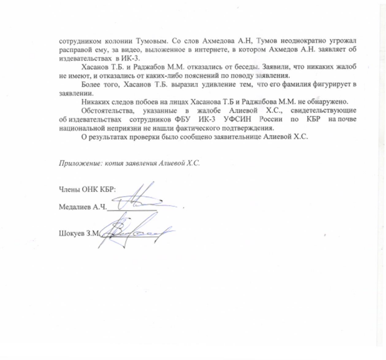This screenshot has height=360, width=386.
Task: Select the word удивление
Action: click(217, 84)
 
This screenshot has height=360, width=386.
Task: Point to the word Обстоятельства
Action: click(104, 110)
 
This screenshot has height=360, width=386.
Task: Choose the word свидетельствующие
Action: click(327, 110)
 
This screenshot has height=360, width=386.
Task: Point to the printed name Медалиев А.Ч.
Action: click(83, 207)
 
